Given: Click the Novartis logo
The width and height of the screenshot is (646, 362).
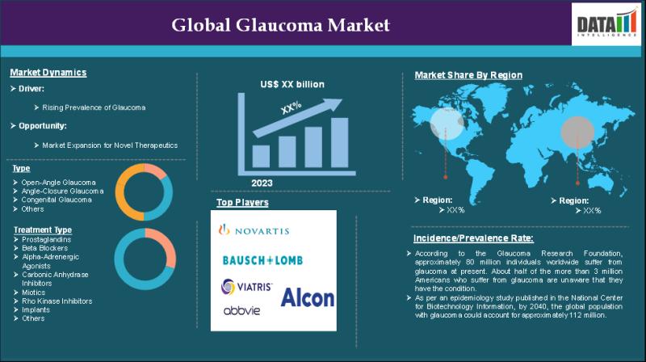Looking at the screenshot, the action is click(x=254, y=230).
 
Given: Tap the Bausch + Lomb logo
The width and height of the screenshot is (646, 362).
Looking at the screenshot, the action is click(x=262, y=260).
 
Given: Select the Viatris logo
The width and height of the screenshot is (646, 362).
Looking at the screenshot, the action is click(x=246, y=287).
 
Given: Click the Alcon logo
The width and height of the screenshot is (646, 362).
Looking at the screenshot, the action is click(x=308, y=297).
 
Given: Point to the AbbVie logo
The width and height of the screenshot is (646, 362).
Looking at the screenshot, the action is click(x=241, y=310).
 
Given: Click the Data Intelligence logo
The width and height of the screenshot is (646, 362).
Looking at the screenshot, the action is click(x=607, y=23).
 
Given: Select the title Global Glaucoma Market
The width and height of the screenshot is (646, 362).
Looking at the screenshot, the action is click(x=280, y=25).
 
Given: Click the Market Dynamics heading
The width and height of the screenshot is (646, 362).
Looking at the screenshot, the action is click(x=48, y=73).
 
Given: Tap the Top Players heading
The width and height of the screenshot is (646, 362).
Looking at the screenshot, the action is click(x=242, y=203).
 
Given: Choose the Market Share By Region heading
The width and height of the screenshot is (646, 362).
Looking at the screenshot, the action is click(x=468, y=75).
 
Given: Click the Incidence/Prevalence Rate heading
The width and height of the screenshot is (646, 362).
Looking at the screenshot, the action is click(x=473, y=238).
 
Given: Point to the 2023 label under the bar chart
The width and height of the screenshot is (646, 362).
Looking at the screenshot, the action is click(x=262, y=183).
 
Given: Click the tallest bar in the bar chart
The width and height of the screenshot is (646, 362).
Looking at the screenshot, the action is click(x=339, y=143).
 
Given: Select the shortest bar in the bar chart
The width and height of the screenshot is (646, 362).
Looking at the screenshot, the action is click(x=261, y=156).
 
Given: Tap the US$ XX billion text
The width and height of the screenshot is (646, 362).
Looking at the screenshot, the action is click(x=292, y=85).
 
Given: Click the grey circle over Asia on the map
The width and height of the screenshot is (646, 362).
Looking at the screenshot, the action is click(x=577, y=133).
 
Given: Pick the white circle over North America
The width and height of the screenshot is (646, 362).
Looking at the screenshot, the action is click(x=447, y=124).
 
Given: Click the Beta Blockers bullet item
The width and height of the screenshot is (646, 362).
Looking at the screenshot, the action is click(x=44, y=248).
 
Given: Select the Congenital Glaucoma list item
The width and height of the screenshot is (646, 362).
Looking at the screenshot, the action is click(x=57, y=200).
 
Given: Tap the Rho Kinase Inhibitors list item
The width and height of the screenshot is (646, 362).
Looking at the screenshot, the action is click(x=57, y=301).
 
